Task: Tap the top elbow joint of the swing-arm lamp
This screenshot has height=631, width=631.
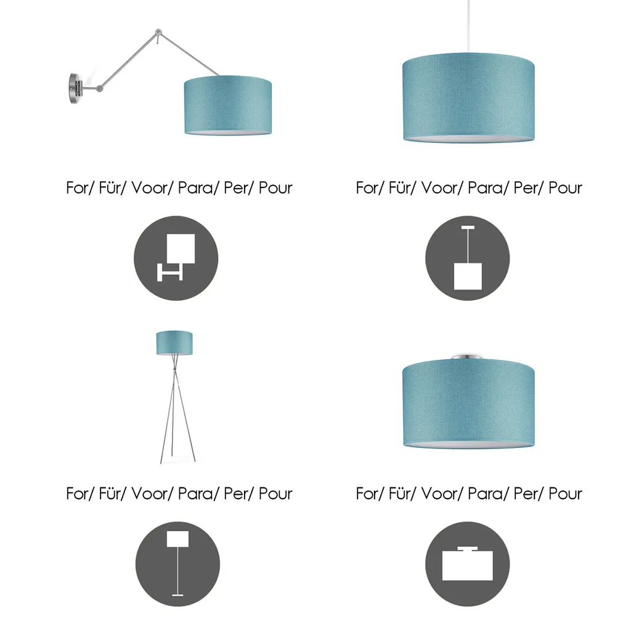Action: pos(158,32)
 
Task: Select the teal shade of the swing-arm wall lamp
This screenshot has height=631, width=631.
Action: pos(228,105)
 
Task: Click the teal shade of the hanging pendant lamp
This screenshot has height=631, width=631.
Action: pos(468,98)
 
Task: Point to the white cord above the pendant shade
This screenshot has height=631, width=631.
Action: pos(468,26)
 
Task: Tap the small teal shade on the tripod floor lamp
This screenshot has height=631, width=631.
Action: pos(174,343)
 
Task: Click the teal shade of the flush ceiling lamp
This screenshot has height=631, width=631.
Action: pos(468,404)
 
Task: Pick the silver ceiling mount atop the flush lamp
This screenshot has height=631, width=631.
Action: pos(466,357)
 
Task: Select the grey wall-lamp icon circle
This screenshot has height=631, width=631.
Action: pos(176,258)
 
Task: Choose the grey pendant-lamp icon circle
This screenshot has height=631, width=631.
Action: pos(467,258)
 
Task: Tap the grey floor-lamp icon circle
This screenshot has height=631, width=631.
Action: pos(177,564)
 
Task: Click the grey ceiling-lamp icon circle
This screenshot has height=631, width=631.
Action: pos(467,564)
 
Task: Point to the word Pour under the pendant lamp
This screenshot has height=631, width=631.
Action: pos(566,187)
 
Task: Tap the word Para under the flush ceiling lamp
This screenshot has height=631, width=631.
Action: pos(486,494)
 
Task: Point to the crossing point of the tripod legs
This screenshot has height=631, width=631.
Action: pos(174,370)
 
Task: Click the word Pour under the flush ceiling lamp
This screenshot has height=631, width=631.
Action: pos(566,494)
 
